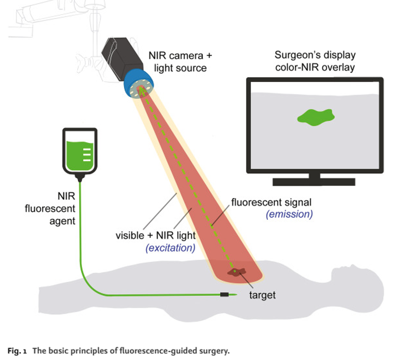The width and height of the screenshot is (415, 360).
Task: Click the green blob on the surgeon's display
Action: pos(315,117)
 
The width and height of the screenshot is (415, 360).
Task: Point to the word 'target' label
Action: pos(262,295)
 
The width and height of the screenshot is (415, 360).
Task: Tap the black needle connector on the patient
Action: pos(224,294)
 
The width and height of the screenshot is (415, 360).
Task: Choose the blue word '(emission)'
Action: pos(289,214)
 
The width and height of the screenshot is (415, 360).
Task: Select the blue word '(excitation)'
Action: pos(170,248)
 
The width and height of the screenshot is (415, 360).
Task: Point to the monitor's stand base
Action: pos(314,181)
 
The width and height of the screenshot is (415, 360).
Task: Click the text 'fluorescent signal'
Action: pos(271,202)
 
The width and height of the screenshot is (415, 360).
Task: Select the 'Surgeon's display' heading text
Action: pos(315,55)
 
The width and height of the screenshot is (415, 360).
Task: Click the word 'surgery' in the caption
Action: pos(213,351)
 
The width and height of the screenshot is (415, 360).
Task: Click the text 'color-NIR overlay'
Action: pos(315,67)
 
